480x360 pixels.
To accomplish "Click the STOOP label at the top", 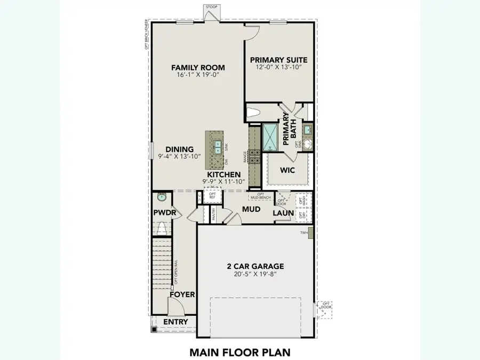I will tap(211, 7).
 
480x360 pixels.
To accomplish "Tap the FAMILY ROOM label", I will tap(198, 67).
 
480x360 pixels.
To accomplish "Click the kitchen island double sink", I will tap(219, 146).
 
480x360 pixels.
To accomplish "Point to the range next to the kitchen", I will tap(254, 156).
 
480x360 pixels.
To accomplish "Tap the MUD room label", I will tap(251, 210).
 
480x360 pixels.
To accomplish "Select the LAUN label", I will tap(284, 213).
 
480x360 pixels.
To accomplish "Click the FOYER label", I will tap(182, 294).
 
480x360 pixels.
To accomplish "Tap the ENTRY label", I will tap(175, 322).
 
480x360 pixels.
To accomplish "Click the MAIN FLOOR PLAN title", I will tap(239, 352).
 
